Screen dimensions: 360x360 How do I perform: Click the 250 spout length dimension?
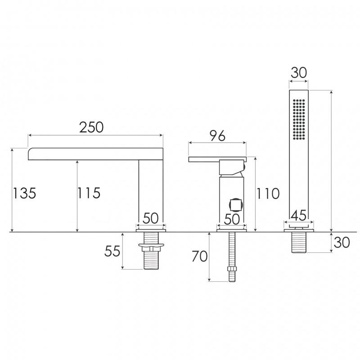91,127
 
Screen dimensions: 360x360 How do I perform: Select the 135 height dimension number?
24,193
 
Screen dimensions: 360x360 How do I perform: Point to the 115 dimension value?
89,193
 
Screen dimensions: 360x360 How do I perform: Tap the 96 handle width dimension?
218,136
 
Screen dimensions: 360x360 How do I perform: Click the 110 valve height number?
268,193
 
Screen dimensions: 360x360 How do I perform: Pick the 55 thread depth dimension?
112,251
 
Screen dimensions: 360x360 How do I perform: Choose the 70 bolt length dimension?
199,256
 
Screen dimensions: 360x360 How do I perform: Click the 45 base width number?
299,216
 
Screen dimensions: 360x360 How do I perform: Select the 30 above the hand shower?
298,73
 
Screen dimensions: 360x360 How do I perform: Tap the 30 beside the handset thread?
342,243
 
